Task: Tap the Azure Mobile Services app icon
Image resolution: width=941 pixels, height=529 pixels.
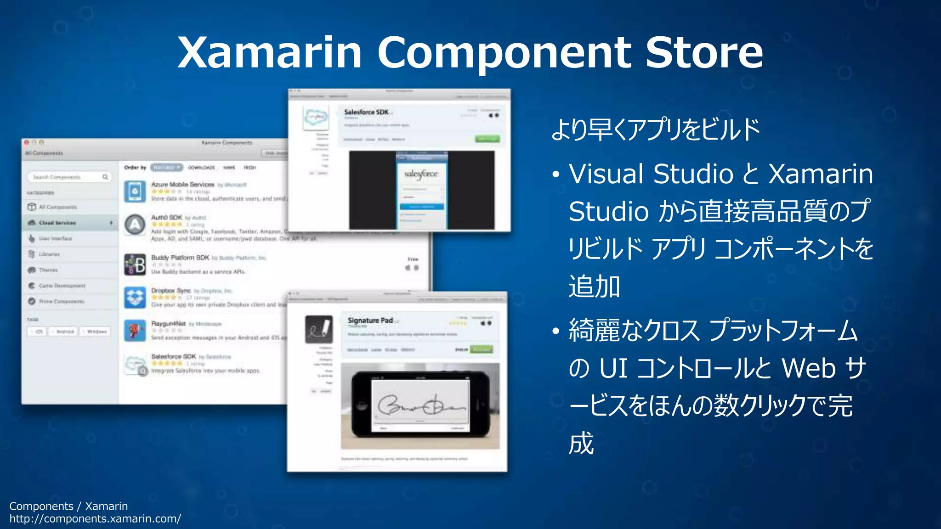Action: tap(135, 191)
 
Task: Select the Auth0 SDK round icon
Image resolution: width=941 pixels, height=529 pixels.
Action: tap(135, 225)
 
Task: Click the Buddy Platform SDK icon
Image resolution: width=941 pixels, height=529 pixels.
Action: tap(135, 264)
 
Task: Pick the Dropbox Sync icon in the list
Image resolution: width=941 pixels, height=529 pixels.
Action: tap(135, 298)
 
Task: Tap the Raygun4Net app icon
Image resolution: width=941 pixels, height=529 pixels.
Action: tap(135, 331)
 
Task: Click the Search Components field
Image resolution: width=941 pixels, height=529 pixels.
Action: tap(69, 177)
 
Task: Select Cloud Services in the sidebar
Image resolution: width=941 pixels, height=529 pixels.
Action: tap(57, 223)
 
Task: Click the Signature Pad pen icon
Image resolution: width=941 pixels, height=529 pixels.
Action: tap(319, 329)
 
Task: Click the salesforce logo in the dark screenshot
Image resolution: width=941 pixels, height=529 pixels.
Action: tap(421, 174)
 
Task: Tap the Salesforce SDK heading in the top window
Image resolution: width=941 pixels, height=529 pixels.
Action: tap(366, 112)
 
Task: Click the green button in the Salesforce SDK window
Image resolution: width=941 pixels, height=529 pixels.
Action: tap(487, 139)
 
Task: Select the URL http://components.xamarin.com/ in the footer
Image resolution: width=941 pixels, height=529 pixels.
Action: tap(95, 519)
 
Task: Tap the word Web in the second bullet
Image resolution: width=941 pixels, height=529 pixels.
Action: tap(808, 368)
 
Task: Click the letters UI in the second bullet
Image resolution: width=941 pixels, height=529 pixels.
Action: tap(613, 368)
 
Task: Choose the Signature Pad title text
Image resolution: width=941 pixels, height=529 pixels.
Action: tap(370, 321)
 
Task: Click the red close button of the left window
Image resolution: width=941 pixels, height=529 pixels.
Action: tap(27, 143)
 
